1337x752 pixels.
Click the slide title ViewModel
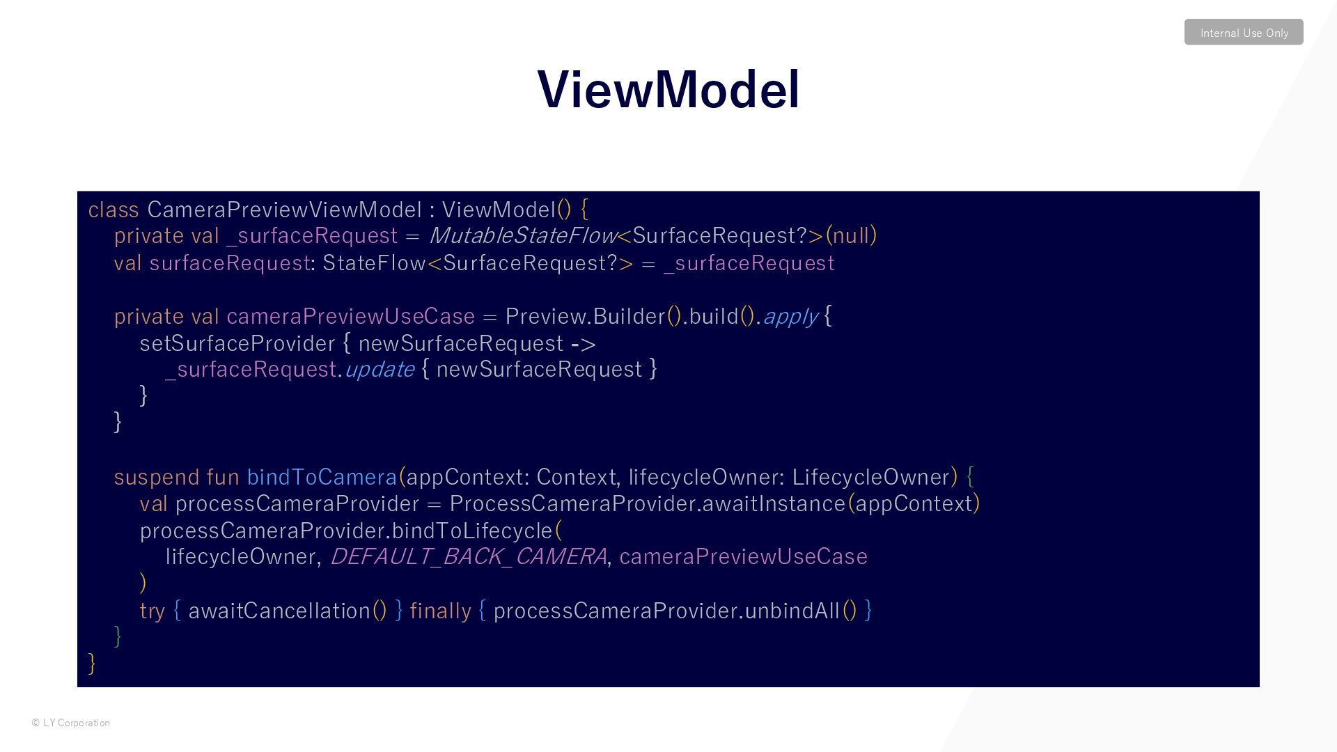668,90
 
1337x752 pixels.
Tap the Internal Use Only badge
1244,33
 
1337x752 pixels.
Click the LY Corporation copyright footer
71,723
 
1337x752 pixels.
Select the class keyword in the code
114,210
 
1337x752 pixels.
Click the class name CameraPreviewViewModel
284,210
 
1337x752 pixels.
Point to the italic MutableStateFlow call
522,236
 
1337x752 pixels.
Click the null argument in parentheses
851,236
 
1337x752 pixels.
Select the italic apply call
790,317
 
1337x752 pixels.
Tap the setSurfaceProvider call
237,343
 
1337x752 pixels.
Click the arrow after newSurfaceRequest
583,343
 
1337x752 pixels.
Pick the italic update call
380,370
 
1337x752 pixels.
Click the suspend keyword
156,477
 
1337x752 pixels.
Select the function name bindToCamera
322,477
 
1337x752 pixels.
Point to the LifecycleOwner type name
870,477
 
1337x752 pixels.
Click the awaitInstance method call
774,503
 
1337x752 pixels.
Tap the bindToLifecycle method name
472,531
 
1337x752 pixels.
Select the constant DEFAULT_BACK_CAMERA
469,557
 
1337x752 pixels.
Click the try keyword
152,611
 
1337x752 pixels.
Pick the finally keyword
440,611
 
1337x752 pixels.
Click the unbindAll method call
792,611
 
